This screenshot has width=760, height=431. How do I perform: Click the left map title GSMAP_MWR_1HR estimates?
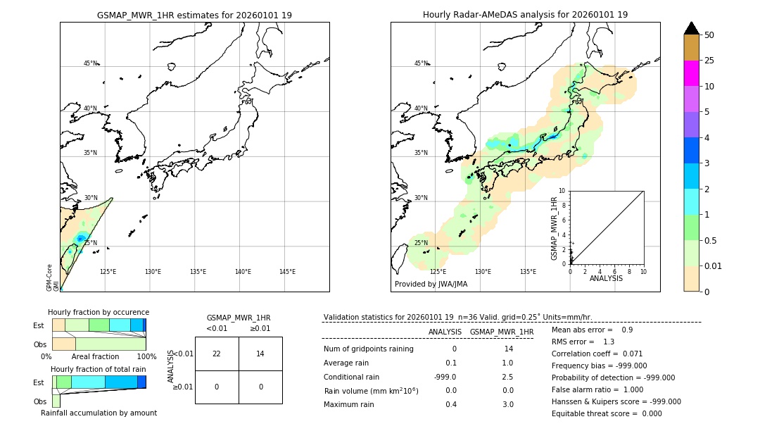pos(194,15)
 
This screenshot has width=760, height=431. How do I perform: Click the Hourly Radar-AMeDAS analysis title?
pos(525,15)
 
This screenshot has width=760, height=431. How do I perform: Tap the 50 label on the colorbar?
pos(709,35)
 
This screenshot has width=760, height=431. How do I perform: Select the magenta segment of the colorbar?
pos(691,73)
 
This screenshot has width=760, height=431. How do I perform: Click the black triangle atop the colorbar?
pos(691,28)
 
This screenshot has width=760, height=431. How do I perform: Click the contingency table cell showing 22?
pos(217,354)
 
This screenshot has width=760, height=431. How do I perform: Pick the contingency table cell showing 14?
pos(260,354)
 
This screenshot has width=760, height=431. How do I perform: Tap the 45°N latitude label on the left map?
pos(91,63)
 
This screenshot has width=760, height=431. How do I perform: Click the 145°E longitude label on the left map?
pos(287,272)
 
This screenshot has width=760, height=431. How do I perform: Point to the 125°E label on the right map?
pos(438,272)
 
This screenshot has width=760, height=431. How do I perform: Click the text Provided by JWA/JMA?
pos(431,285)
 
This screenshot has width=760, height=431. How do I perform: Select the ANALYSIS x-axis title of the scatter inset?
pos(606,279)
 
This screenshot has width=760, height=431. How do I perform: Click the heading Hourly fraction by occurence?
pos(99,312)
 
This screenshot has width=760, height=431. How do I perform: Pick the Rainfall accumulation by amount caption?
pos(99,413)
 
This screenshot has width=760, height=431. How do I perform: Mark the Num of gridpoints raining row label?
pos(369,349)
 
